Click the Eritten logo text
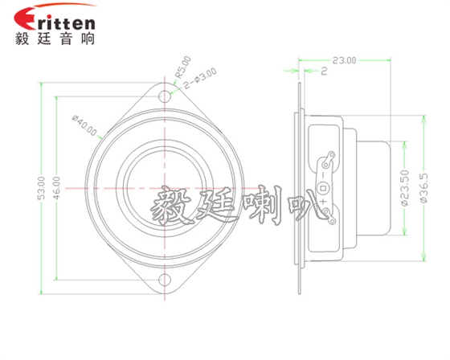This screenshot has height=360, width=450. coord(55,18)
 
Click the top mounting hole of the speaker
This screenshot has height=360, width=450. coord(166,95)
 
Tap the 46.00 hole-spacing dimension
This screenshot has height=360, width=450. coord(55,188)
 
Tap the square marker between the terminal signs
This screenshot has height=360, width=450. coord(323,188)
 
